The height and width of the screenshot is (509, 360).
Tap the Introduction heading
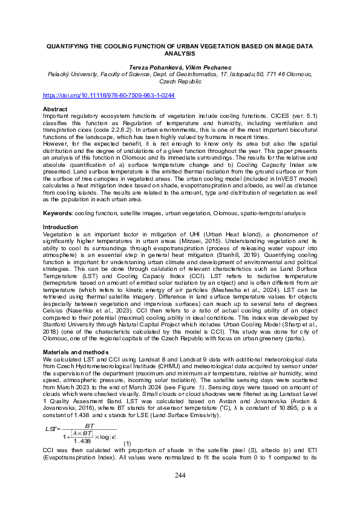(x=60, y=227)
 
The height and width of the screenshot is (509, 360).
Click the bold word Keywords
(x=59, y=213)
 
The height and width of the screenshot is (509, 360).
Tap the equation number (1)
(x=126, y=444)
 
